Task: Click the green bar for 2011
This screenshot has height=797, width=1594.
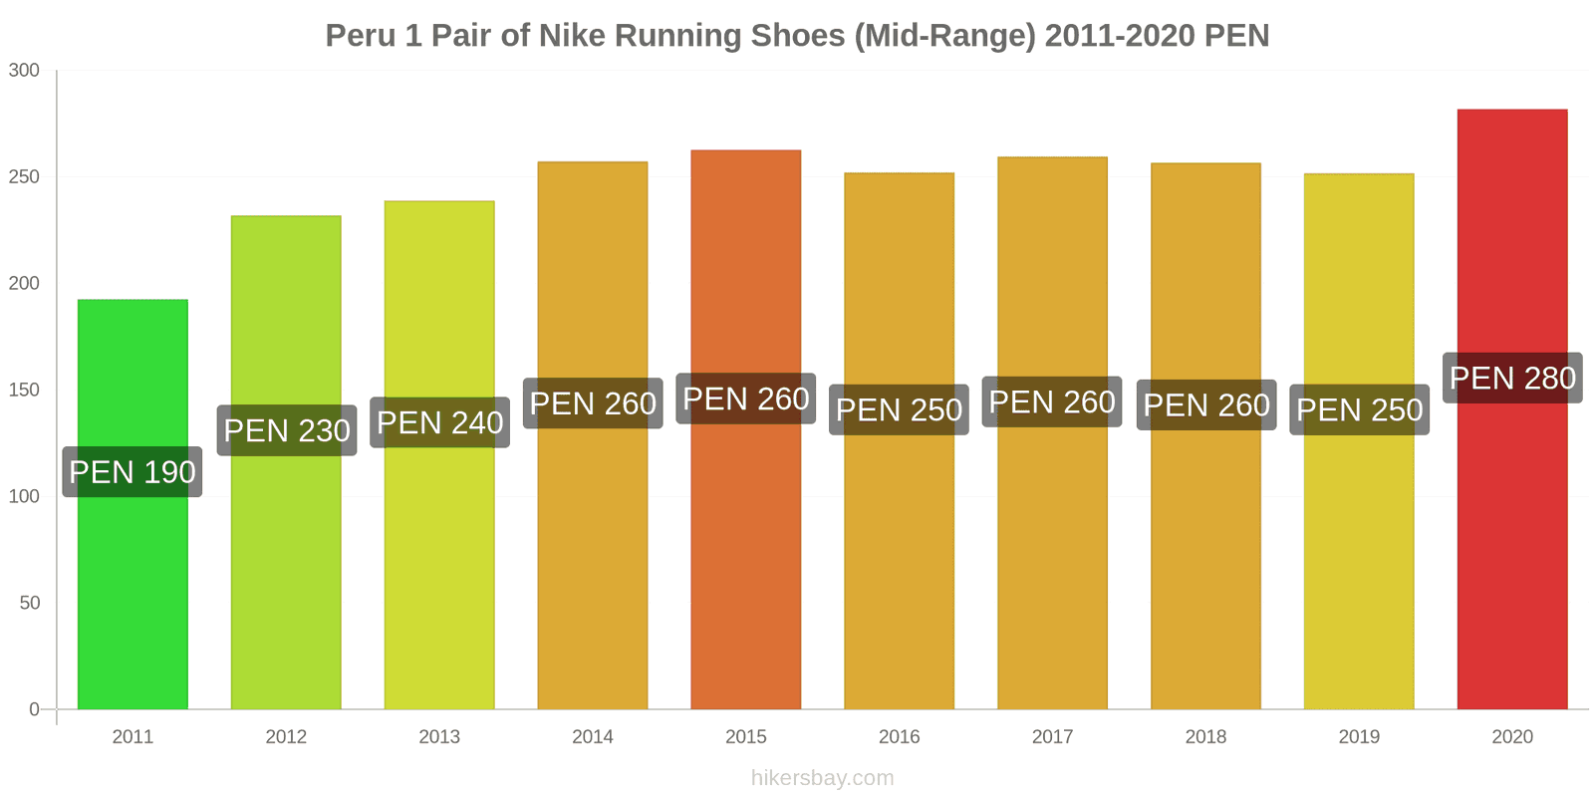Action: click(x=133, y=598)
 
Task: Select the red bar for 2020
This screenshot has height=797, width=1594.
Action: click(x=1511, y=548)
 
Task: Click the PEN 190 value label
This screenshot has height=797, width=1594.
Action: click(x=133, y=471)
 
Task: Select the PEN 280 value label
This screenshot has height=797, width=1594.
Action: click(x=1512, y=378)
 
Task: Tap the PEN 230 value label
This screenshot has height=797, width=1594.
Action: click(x=287, y=430)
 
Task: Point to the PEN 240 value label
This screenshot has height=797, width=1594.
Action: click(x=439, y=422)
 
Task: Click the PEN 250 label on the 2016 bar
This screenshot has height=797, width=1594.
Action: click(x=899, y=409)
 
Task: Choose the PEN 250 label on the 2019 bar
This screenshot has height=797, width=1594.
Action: click(x=1359, y=409)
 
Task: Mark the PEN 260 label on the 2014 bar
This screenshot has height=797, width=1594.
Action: click(x=593, y=403)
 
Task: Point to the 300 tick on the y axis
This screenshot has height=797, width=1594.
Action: click(x=24, y=70)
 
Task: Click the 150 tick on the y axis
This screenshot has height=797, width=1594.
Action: click(x=24, y=390)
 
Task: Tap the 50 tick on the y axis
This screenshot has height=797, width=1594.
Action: click(x=29, y=603)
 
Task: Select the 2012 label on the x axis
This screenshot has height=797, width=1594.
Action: click(x=286, y=736)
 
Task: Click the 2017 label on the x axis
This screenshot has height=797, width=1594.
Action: click(x=1052, y=736)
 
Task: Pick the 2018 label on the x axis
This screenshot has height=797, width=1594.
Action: click(x=1205, y=736)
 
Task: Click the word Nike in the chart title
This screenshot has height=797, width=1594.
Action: click(x=572, y=36)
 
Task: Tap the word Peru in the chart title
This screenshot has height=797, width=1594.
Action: click(x=360, y=36)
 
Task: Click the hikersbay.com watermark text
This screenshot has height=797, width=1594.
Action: click(x=822, y=778)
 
